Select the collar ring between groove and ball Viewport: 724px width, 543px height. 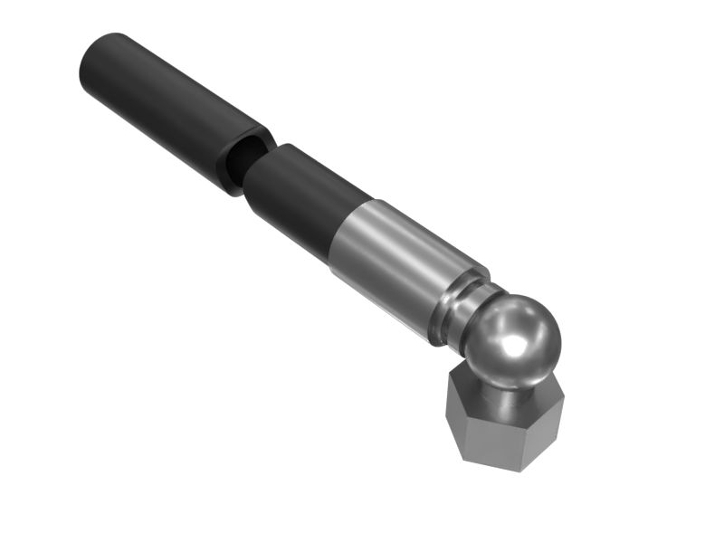(463, 312)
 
